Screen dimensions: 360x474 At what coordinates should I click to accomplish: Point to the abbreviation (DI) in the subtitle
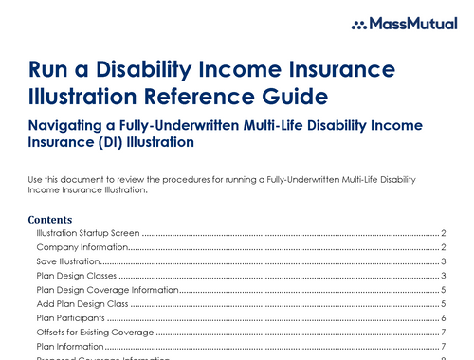[113, 143]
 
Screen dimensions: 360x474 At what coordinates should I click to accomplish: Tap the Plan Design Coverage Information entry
[107, 289]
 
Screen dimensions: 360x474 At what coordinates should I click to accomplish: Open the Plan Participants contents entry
[70, 319]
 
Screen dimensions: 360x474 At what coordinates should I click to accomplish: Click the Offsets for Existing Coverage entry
[95, 333]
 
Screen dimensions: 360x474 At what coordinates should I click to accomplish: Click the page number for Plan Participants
[444, 319]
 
